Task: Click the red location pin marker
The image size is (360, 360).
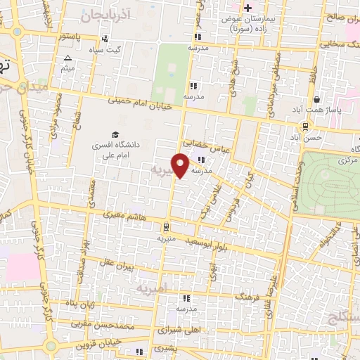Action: [181, 165]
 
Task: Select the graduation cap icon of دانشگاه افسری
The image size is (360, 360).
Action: [115, 134]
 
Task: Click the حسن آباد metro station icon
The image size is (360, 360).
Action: [305, 127]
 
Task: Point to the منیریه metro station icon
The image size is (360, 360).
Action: [165, 227]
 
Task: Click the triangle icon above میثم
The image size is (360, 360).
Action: [67, 58]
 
